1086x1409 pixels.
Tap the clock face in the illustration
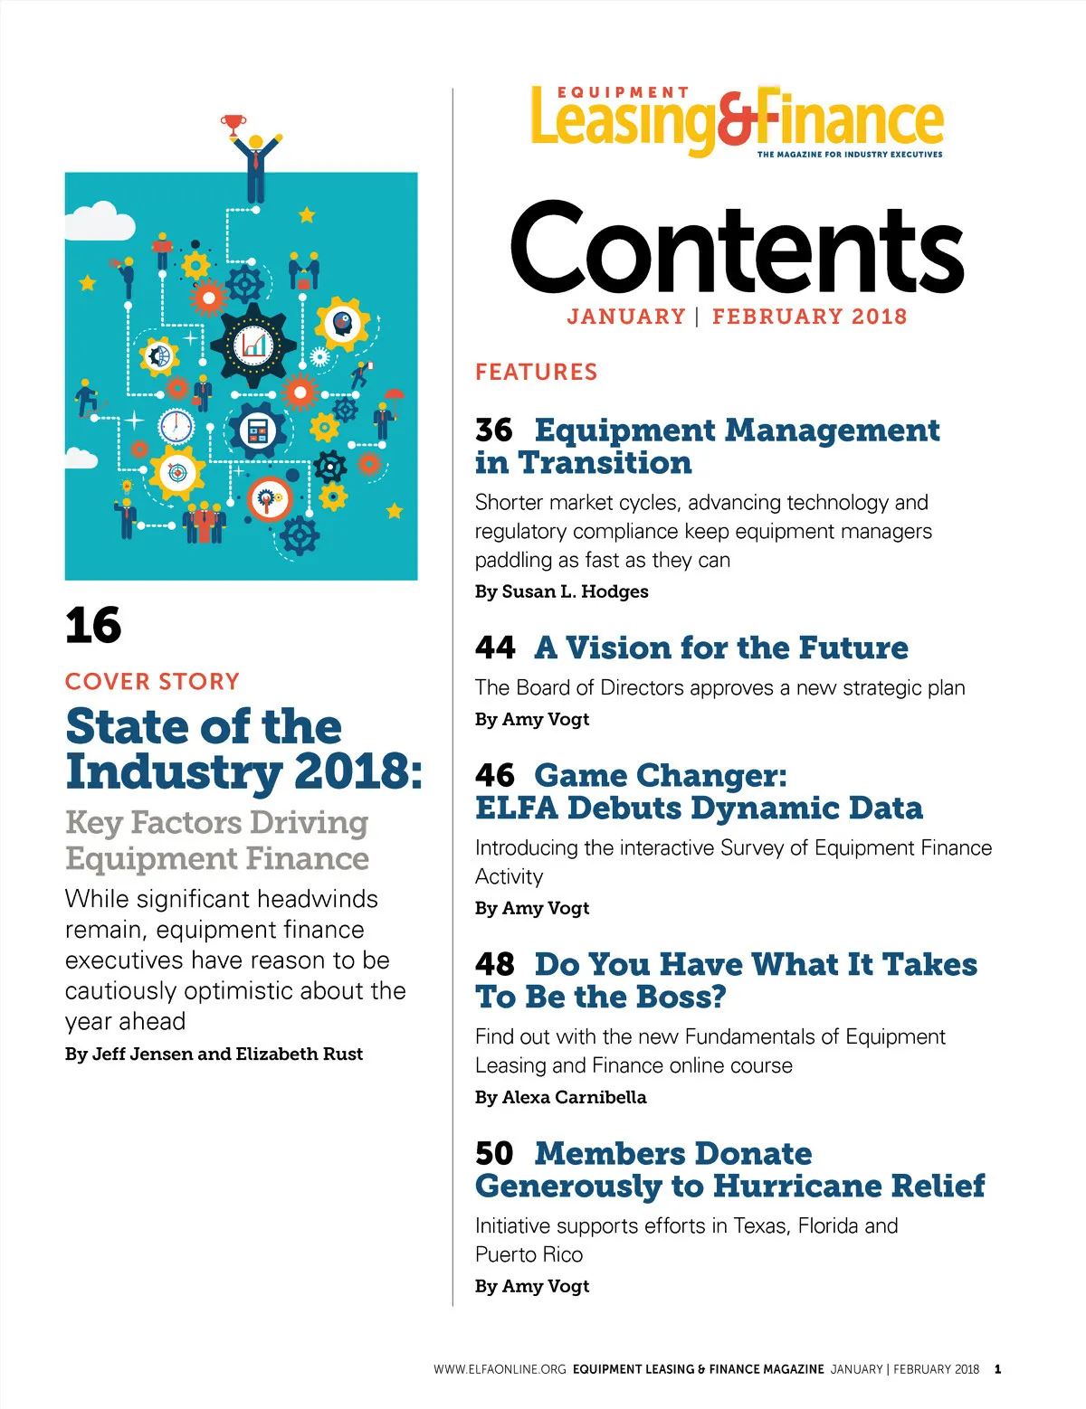click(176, 425)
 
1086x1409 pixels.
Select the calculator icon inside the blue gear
click(257, 431)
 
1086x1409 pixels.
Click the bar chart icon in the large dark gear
click(253, 344)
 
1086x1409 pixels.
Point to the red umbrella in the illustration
click(395, 394)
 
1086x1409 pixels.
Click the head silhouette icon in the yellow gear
click(342, 322)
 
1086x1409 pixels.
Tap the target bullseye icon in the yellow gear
click(177, 472)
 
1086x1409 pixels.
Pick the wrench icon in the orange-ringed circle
click(268, 497)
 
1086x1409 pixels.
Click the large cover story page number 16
click(93, 626)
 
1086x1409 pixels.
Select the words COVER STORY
click(152, 681)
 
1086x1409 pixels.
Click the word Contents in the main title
click(737, 248)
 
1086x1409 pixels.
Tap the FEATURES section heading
click(536, 372)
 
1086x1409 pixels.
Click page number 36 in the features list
click(494, 430)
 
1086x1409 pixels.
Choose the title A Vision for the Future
click(721, 648)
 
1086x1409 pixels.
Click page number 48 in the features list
click(494, 964)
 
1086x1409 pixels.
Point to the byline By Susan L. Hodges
click(561, 591)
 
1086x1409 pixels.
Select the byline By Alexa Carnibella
click(560, 1097)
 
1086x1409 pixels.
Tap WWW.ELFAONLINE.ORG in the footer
click(500, 1369)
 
